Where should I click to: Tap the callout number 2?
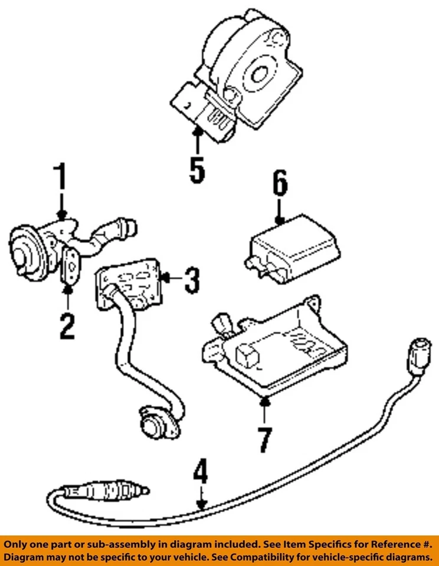[67, 325]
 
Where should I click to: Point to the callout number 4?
[201, 473]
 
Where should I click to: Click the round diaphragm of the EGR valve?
[25, 254]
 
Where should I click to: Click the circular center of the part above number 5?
[258, 74]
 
